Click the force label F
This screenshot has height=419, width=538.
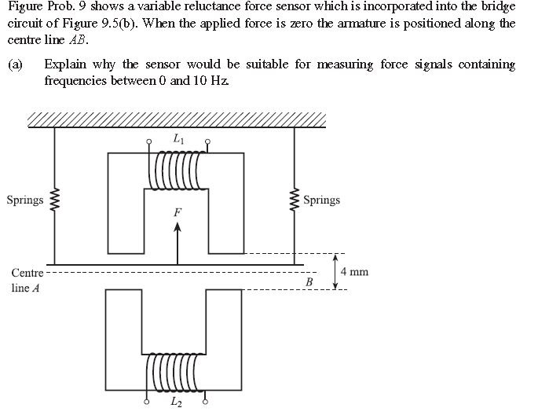click(x=178, y=212)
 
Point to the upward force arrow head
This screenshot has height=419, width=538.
click(x=178, y=229)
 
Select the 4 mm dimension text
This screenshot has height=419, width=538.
click(x=354, y=272)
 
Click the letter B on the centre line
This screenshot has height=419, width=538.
click(x=309, y=281)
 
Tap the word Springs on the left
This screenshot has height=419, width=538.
click(x=24, y=200)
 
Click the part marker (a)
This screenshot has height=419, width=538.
click(x=16, y=64)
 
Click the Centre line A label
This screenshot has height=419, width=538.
click(x=27, y=281)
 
